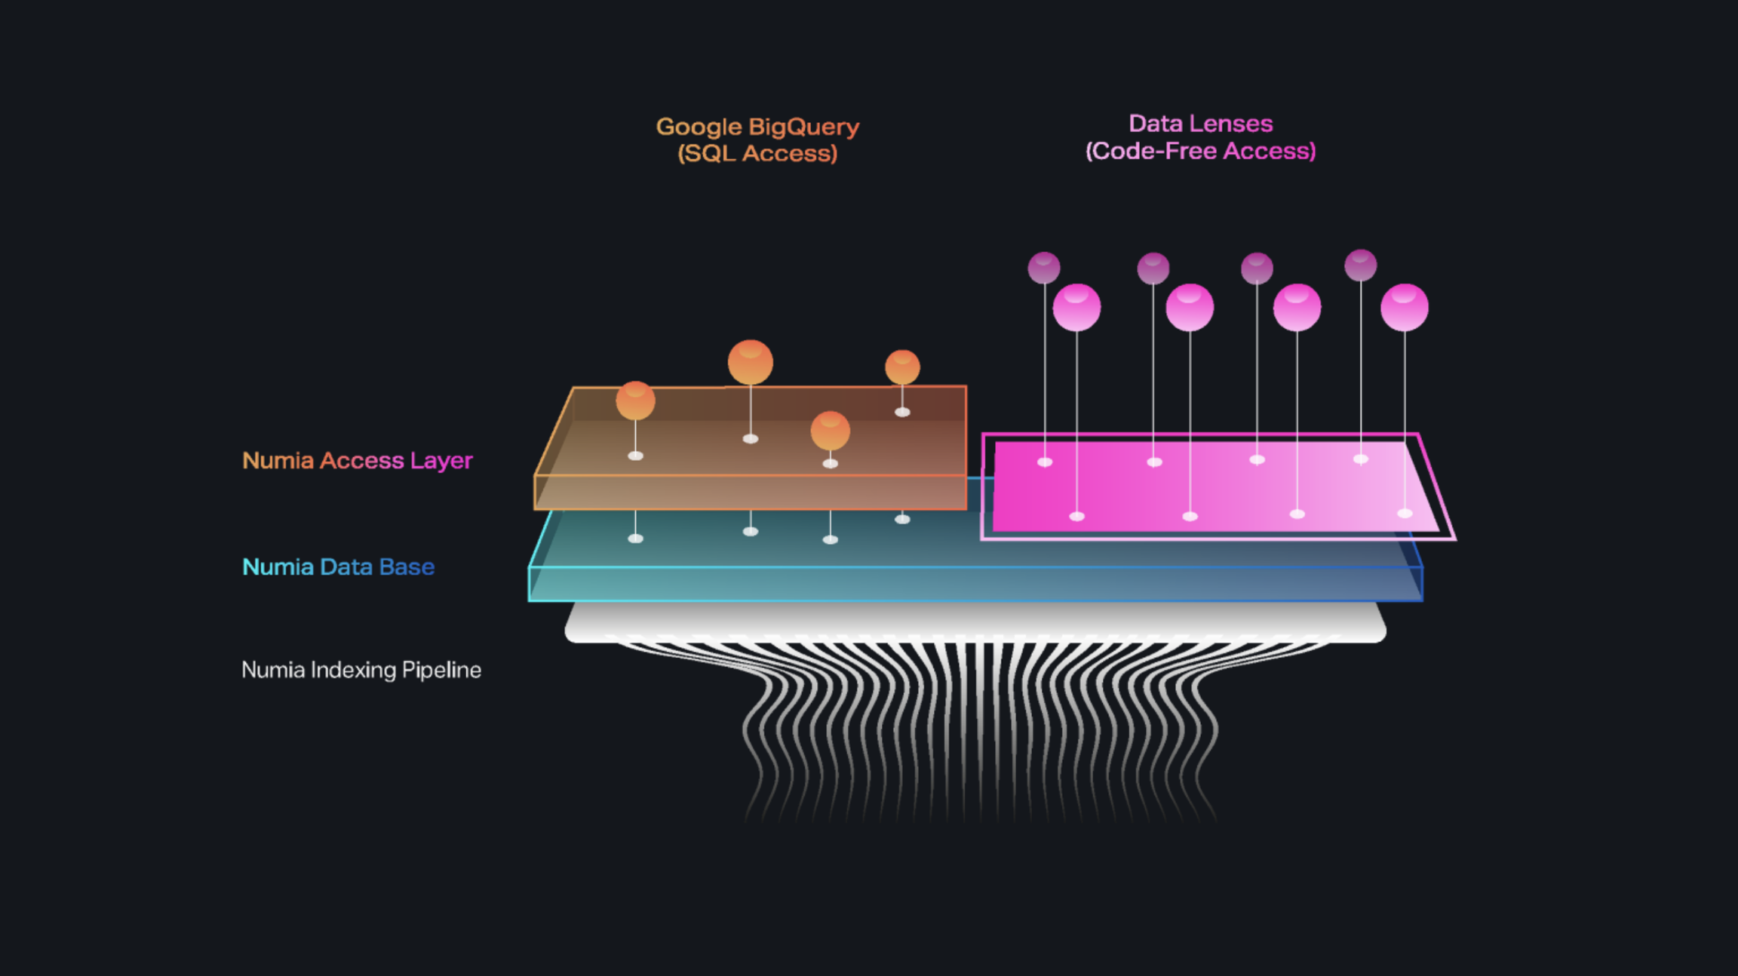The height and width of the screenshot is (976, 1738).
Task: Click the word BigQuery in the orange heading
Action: click(803, 127)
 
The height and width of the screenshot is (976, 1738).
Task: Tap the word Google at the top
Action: click(699, 127)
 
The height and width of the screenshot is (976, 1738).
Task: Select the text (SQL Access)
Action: click(757, 154)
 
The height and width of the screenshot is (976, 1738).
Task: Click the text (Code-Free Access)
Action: click(1200, 151)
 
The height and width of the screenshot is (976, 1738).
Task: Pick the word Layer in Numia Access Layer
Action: click(441, 461)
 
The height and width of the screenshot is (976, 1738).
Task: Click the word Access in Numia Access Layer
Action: click(362, 461)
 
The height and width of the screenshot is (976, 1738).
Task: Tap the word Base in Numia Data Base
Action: click(407, 567)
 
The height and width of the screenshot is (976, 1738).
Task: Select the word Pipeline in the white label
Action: click(441, 670)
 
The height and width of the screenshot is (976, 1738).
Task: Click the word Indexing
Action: click(353, 670)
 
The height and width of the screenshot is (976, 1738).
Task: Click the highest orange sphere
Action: click(751, 362)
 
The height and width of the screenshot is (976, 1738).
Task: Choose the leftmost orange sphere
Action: click(635, 400)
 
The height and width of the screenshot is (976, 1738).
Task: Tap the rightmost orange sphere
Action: click(902, 367)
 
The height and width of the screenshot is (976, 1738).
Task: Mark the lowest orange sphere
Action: click(831, 431)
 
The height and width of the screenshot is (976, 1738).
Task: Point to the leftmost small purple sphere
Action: click(1044, 268)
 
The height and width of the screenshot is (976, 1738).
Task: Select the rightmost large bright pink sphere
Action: click(1405, 307)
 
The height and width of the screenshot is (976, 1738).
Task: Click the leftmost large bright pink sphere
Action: click(1076, 307)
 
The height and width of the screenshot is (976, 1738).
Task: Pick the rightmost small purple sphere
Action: click(1361, 265)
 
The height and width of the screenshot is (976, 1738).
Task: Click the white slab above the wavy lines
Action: click(975, 623)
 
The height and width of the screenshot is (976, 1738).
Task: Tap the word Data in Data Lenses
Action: click(1156, 124)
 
